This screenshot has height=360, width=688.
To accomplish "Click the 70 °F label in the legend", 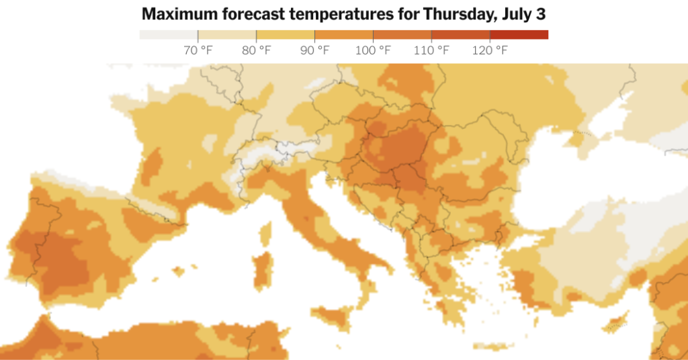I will coord(198,50).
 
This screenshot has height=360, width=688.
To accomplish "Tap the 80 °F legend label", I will coord(256,50).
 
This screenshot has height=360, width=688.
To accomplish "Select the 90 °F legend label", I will coord(314,50).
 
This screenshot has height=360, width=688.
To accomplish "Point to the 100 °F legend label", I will coord(373,50).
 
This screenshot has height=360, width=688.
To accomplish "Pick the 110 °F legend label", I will coord(431,50).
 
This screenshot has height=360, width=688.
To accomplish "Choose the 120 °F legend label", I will coord(490,50).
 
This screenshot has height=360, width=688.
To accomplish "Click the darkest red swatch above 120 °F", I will coord(519,34).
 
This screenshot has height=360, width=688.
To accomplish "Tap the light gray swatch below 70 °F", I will coord(168,34).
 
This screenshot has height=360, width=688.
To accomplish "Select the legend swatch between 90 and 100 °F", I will coord(343,34).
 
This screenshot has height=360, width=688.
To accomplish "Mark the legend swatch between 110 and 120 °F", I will coord(460,34).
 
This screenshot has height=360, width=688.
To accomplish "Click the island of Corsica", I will coord(266,232).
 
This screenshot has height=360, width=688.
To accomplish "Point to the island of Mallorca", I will coord(177,271).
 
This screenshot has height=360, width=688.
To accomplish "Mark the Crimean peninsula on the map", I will coord(578,138).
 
